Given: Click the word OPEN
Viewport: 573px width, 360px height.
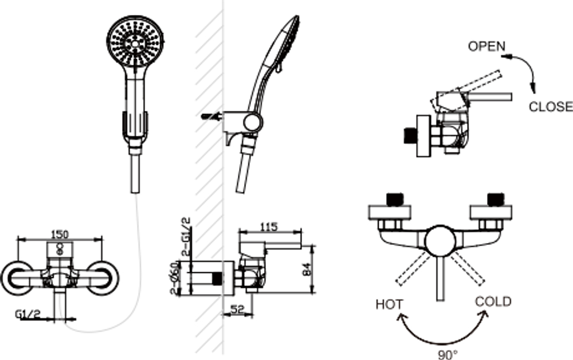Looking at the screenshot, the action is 486,46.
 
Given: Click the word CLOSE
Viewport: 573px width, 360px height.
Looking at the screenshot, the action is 550,106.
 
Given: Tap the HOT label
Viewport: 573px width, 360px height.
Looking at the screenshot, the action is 389,304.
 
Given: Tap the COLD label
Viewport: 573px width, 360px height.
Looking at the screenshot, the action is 493,302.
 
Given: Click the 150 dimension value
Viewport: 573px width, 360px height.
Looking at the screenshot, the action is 60,234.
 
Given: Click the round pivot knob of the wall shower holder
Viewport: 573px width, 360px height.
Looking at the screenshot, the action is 252,122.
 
